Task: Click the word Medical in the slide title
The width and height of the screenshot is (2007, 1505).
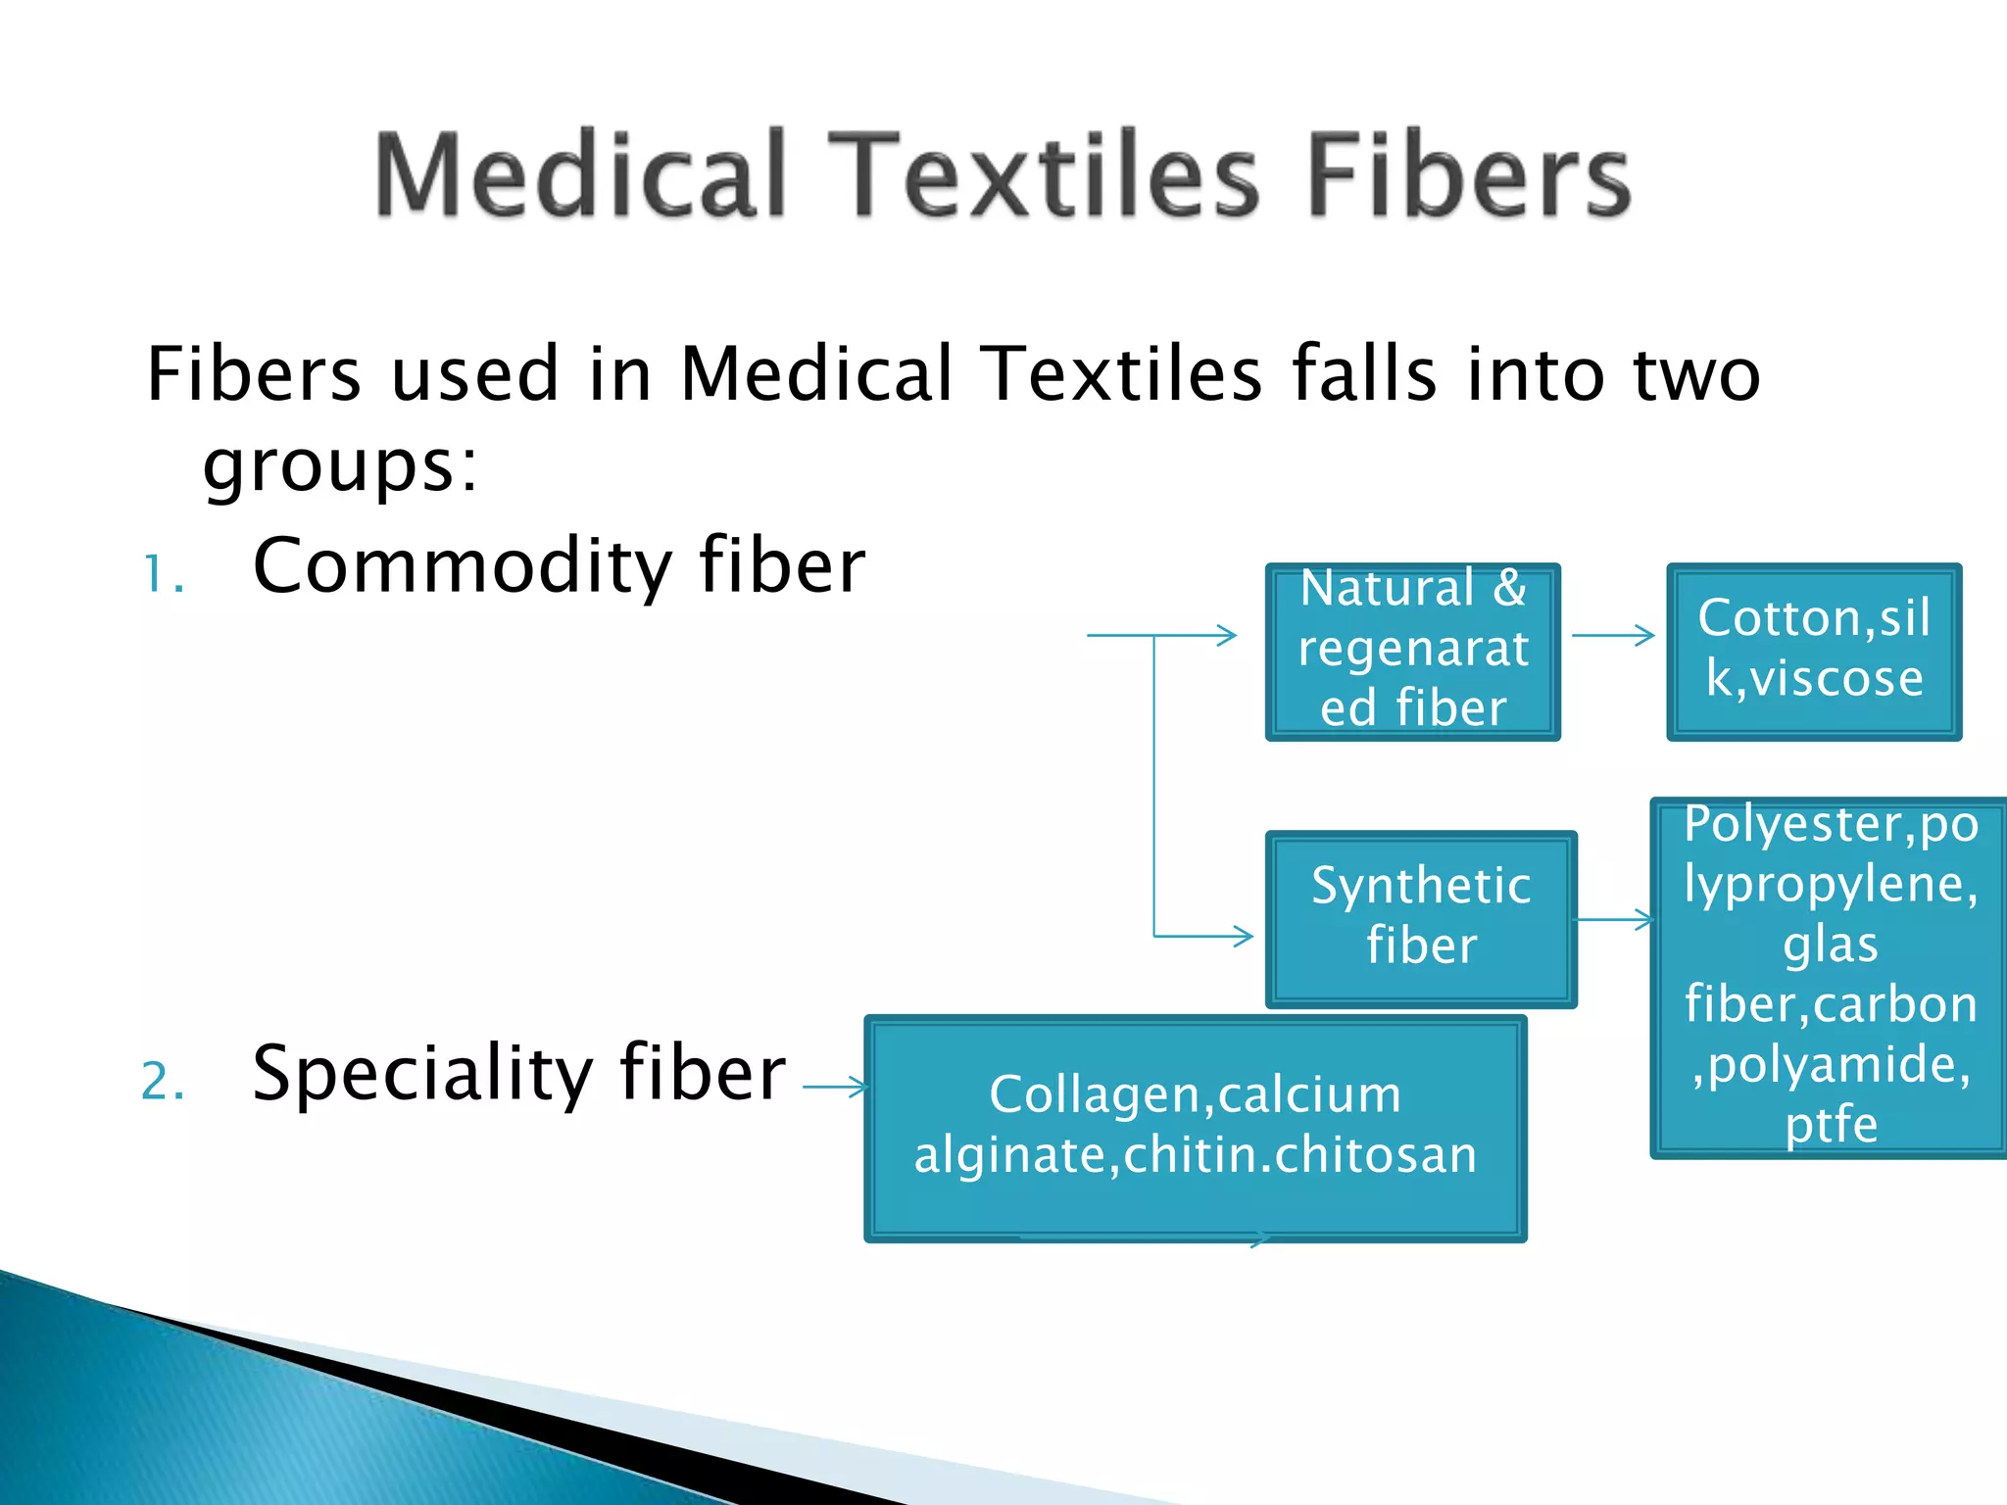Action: point(580,174)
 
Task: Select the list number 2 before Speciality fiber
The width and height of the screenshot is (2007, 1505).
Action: point(163,1082)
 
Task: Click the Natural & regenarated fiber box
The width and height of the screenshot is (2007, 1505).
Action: point(1412,651)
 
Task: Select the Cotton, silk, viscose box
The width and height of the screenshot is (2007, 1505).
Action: point(1813,651)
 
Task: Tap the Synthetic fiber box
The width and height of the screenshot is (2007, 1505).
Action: point(1420,918)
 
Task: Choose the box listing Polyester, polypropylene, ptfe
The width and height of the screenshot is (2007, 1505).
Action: point(1830,976)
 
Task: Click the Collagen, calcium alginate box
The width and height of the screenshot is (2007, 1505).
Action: point(1195,1127)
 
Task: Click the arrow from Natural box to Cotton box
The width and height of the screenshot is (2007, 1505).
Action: point(1612,635)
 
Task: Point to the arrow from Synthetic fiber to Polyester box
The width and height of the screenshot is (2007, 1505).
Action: point(1613,919)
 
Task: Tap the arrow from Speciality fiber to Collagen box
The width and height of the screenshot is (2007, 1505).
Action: point(834,1086)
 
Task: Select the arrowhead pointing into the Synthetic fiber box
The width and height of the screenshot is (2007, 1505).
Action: point(1243,936)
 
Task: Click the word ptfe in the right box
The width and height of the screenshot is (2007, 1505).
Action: point(1831,1124)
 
